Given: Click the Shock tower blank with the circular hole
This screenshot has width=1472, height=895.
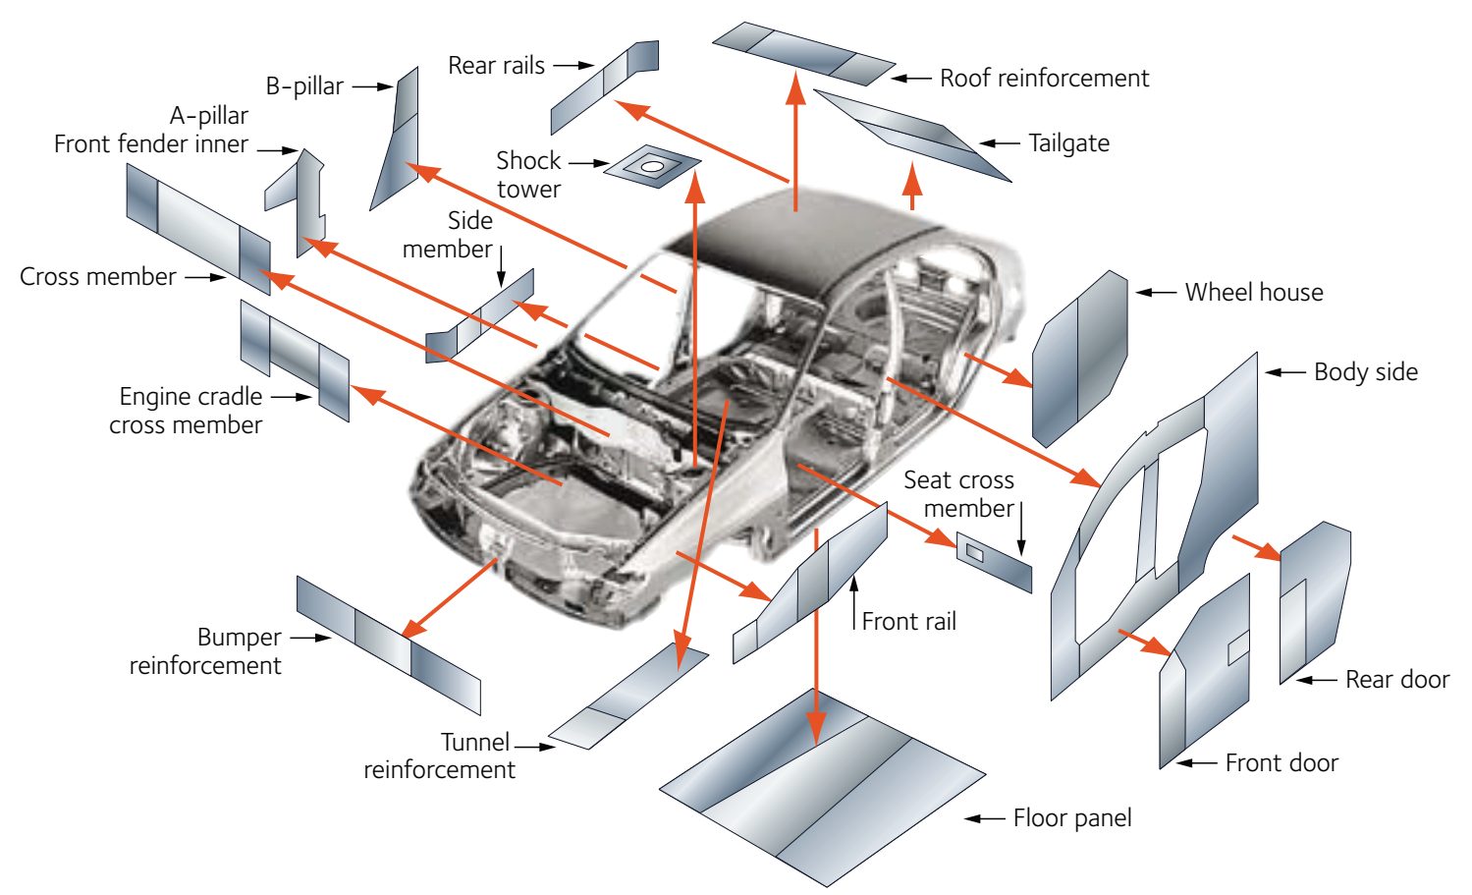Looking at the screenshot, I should coord(651,167).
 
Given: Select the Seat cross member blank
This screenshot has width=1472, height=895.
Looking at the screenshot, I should coord(994,563).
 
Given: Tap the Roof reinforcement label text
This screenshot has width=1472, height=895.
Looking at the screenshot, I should coord(1044,79).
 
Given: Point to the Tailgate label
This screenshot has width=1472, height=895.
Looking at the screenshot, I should coord(1068,143).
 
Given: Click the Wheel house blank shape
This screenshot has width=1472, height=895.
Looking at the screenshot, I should coord(1079,359).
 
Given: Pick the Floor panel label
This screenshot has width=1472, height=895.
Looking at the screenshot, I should coord(1071,818).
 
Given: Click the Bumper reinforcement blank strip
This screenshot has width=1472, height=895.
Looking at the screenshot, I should coord(388,644).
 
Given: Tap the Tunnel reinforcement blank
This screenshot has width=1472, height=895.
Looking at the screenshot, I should coord(628,699).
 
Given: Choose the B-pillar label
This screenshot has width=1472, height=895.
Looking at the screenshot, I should coord(304,86).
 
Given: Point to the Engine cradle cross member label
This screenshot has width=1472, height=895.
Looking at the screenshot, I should coord(187,411).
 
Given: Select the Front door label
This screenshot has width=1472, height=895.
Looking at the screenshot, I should coord(1281,763).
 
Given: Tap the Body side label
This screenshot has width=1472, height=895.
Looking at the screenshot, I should coord(1365,372).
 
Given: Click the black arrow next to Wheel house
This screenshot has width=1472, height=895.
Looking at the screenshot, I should coord(1156,293).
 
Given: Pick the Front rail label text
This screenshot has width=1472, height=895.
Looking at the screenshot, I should coord(908,622).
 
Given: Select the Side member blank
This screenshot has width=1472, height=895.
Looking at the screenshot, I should coord(480,316).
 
